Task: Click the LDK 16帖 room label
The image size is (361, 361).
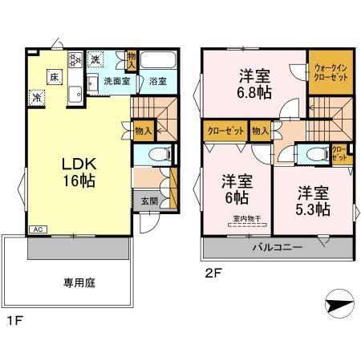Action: pyautogui.click(x=78, y=172)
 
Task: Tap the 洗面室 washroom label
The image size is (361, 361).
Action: pyautogui.click(x=116, y=81)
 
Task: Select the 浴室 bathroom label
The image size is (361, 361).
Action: pyautogui.click(x=157, y=81)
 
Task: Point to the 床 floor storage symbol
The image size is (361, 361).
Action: pyautogui.click(x=53, y=77)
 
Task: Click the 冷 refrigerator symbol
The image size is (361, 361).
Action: pyautogui.click(x=38, y=97)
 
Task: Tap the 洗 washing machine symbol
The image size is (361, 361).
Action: pyautogui.click(x=95, y=61)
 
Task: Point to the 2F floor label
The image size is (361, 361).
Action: pyautogui.click(x=212, y=271)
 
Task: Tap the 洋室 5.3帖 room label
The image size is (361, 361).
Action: pyautogui.click(x=314, y=201)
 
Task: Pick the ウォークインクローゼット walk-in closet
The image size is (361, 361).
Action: pyautogui.click(x=331, y=72)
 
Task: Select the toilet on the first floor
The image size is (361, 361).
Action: pyautogui.click(x=159, y=152)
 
